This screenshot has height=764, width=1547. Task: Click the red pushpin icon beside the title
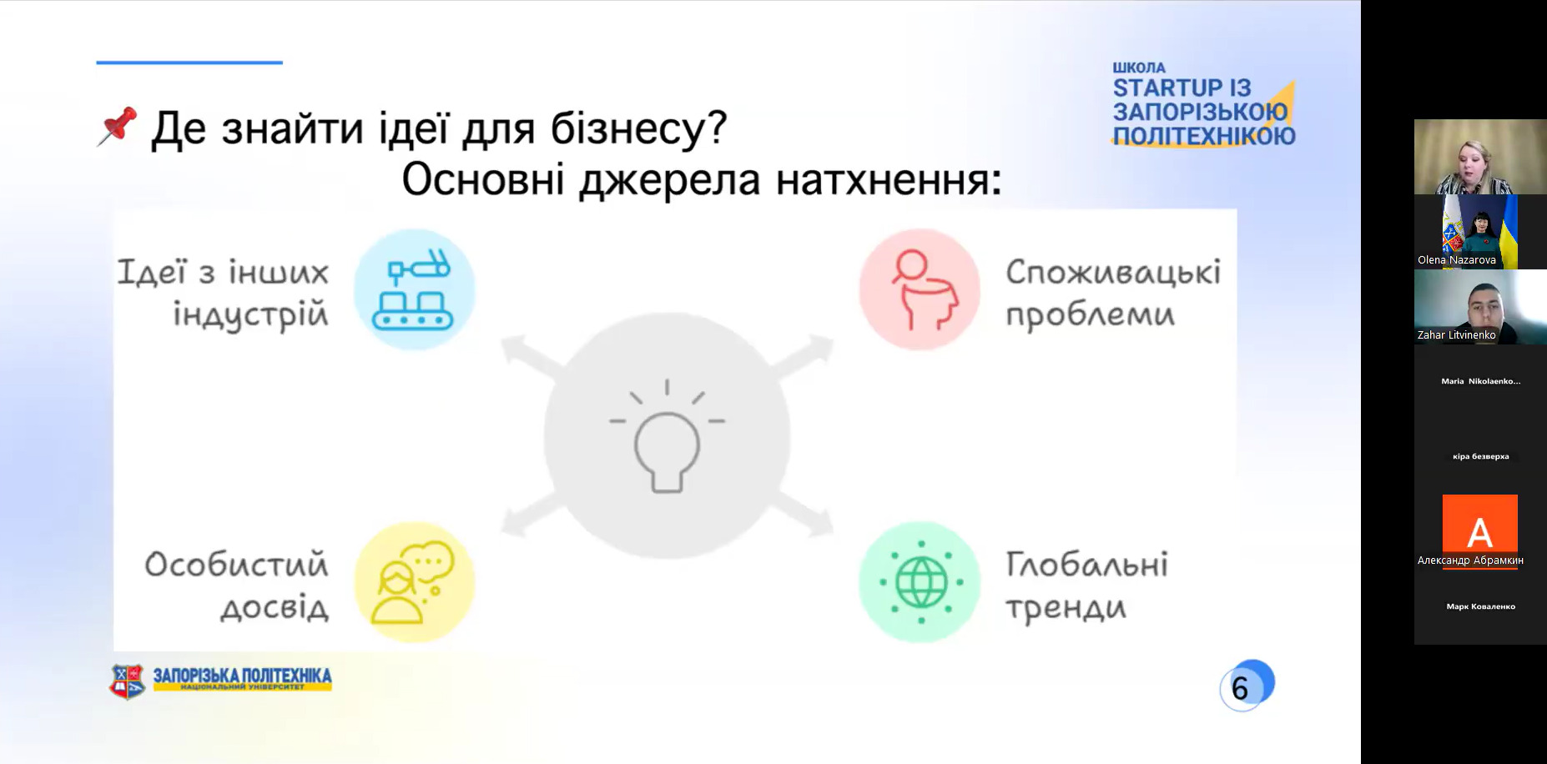coord(117,127)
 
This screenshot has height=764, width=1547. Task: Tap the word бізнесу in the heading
coord(637,128)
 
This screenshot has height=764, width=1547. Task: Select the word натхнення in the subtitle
coord(889,179)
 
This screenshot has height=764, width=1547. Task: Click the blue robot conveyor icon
coord(414,289)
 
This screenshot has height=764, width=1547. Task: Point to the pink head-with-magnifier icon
coord(920,289)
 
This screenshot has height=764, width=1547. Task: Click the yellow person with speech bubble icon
coord(414,582)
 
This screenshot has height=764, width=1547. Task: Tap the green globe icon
coord(920,582)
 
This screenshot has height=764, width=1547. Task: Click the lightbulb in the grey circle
coord(667,437)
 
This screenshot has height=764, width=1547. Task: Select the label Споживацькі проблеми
coord(1113,293)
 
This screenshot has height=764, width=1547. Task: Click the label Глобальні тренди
coord(1086,586)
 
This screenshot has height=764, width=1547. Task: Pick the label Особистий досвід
coord(236,586)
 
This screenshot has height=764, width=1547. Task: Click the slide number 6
coord(1240,688)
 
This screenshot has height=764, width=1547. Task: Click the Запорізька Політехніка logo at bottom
coord(220,681)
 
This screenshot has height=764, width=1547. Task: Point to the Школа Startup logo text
coord(1202,104)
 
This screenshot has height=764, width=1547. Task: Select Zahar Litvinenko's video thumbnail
coord(1480,307)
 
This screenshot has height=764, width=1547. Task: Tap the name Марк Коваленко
coord(1480,606)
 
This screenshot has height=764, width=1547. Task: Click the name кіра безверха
coord(1480,456)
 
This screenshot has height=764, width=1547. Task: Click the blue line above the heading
coord(189,63)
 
